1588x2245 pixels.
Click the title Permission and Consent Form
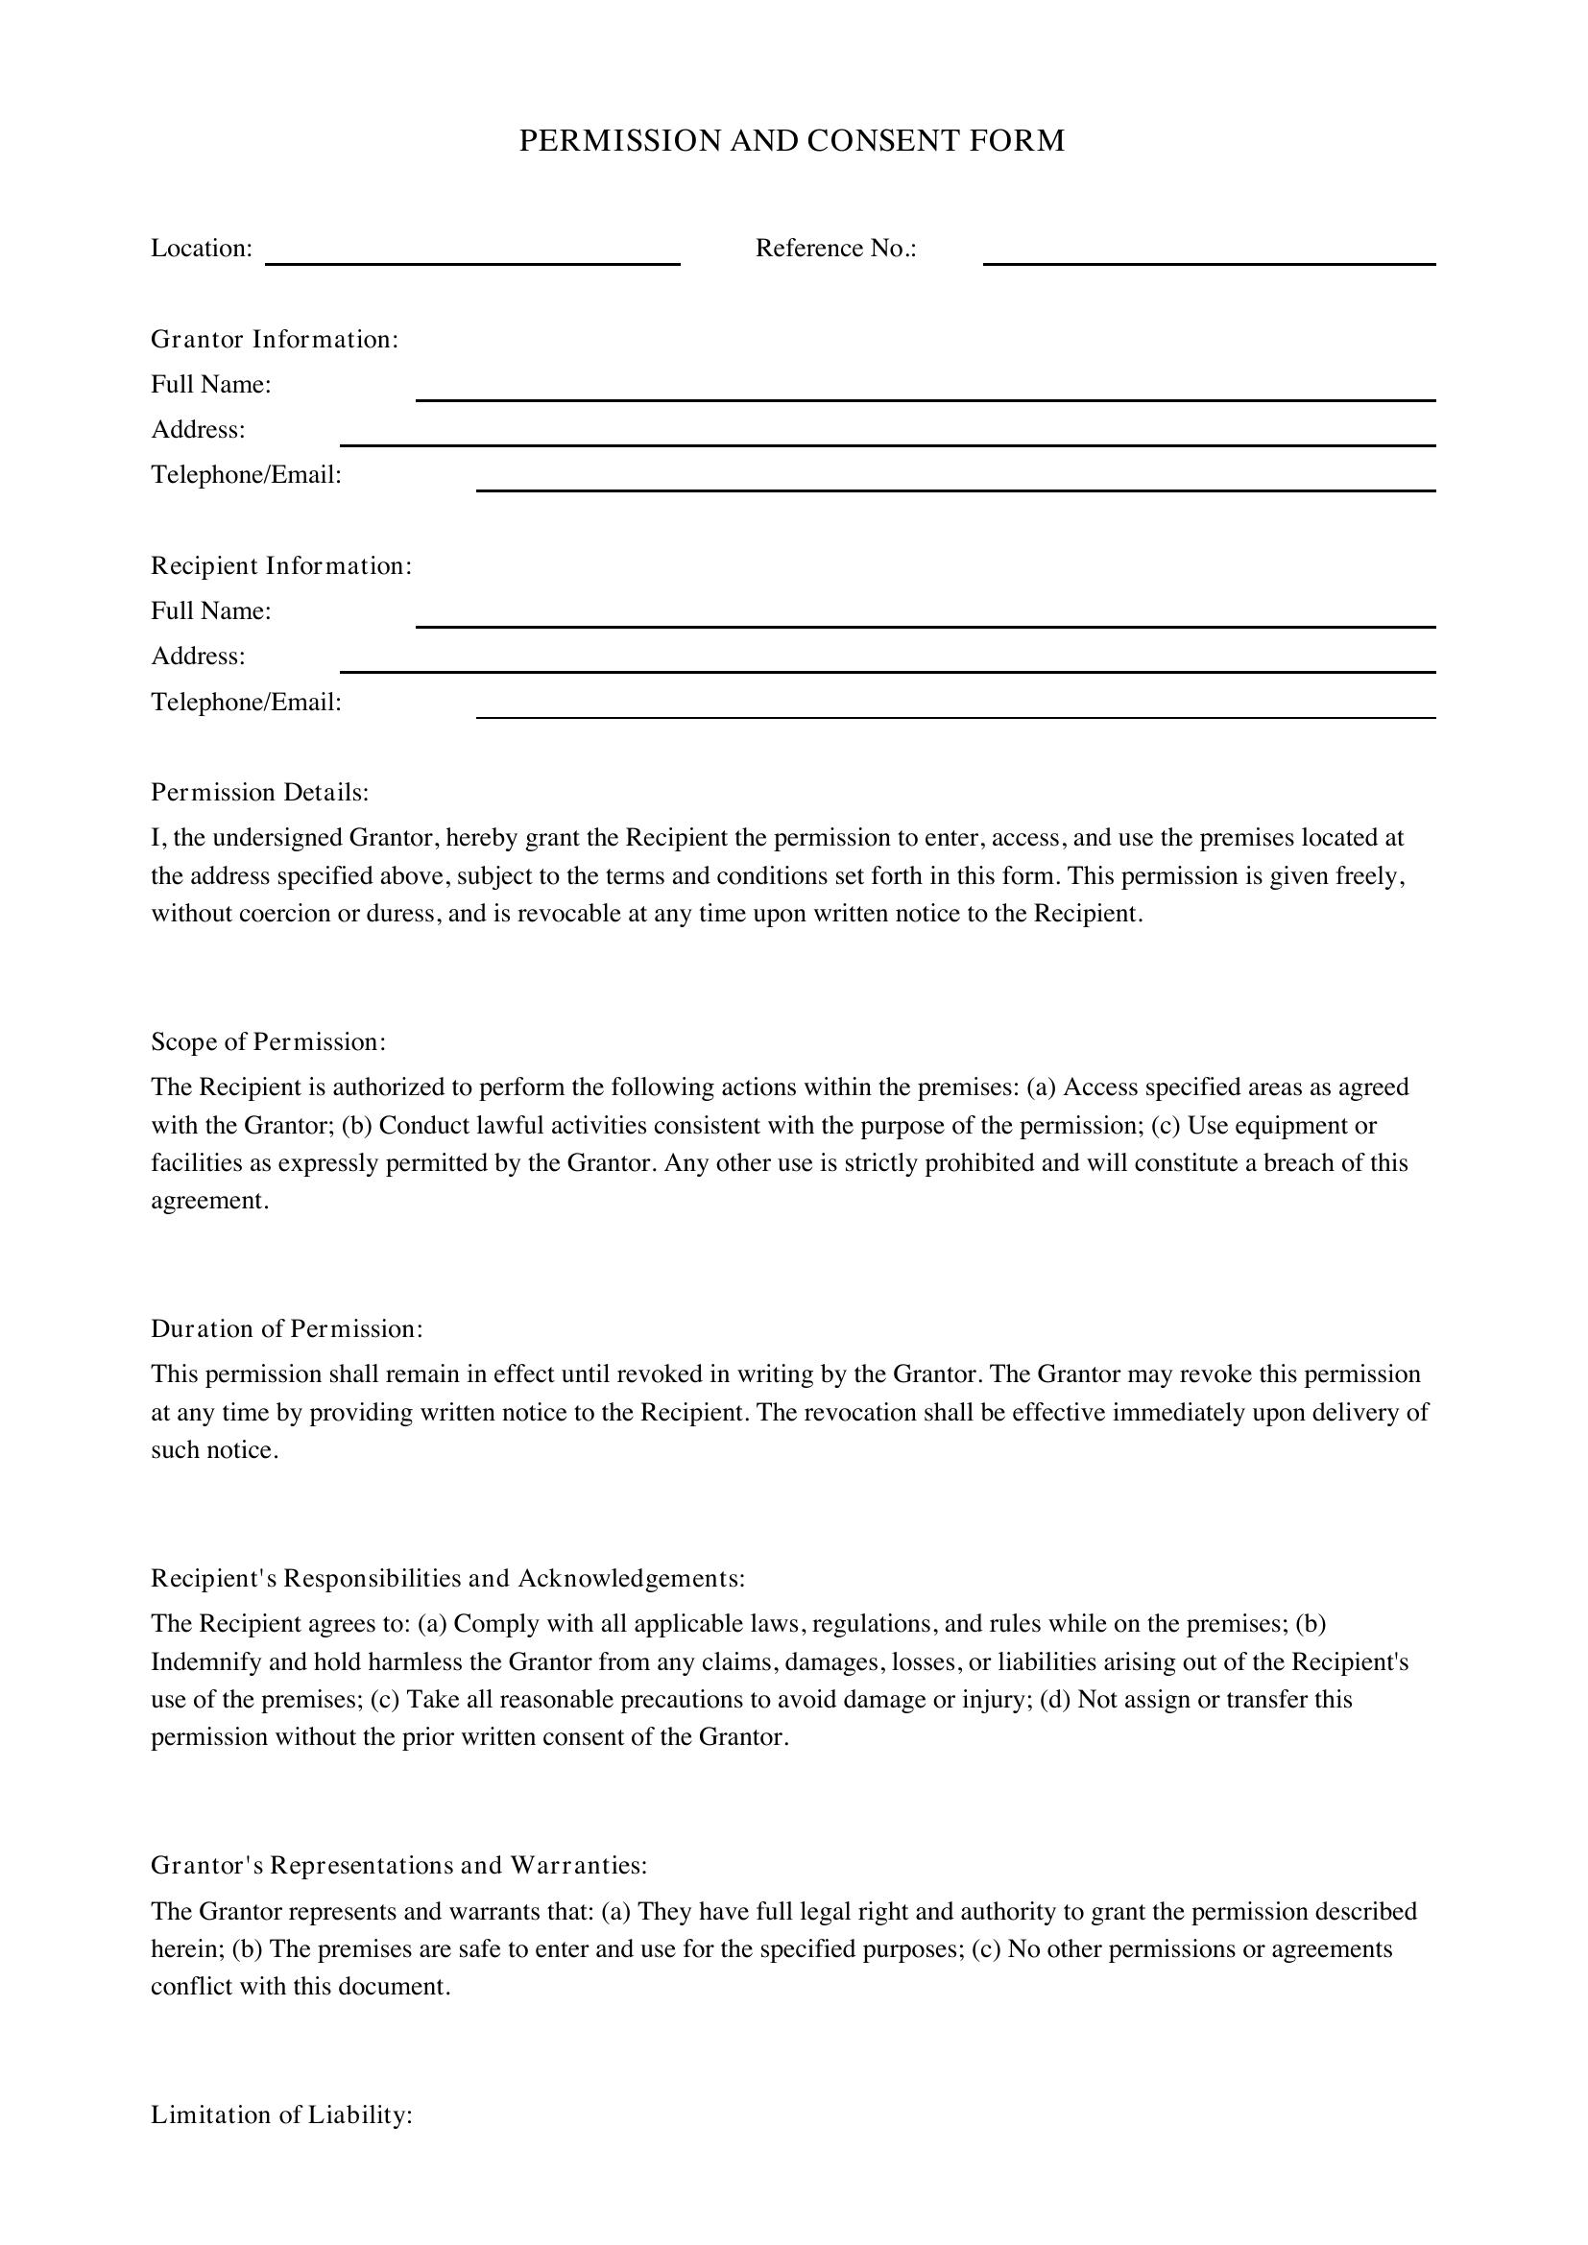[791, 141]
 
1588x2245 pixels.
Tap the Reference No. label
[836, 249]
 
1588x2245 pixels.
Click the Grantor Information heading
[275, 339]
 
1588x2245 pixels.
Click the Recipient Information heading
[281, 566]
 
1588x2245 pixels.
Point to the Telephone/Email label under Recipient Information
[247, 702]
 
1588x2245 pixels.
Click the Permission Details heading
[260, 792]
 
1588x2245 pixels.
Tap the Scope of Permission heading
[269, 1042]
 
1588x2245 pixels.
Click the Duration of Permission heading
[286, 1328]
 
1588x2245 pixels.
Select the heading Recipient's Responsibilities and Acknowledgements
[447, 1578]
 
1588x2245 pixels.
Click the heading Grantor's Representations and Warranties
[399, 1866]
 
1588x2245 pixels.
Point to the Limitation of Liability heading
[281, 2115]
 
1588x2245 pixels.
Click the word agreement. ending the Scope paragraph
[209, 1201]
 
